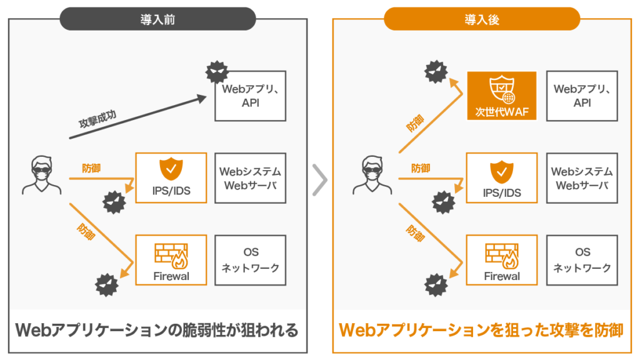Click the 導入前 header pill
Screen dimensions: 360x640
tap(157, 19)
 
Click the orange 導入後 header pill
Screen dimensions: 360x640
tap(482, 19)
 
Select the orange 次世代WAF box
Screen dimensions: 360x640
tap(502, 96)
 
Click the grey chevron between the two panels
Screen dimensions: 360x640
tap(319, 180)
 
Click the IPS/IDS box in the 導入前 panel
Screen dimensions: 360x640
tap(171, 178)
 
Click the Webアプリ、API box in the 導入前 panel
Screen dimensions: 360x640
tap(250, 96)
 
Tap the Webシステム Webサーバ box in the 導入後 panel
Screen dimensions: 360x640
tap(582, 178)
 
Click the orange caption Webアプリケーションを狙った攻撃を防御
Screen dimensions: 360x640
tap(481, 330)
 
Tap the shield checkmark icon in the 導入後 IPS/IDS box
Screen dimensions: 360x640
tap(501, 170)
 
